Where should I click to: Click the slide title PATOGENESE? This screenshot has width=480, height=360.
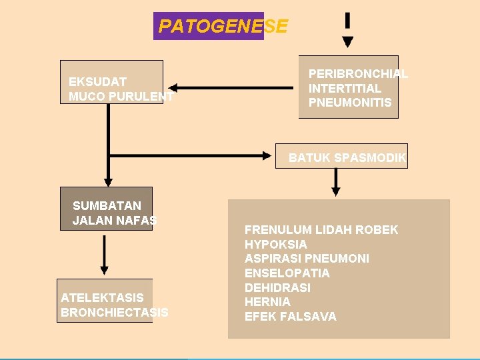tap(223, 27)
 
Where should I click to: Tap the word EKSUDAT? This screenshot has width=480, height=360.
tap(97, 82)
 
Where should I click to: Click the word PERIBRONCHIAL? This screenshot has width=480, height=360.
tap(358, 74)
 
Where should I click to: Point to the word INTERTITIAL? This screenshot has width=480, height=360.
tap(345, 88)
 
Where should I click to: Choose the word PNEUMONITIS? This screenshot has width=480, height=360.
tap(350, 103)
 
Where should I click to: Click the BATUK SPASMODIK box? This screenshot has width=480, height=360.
tap(347, 158)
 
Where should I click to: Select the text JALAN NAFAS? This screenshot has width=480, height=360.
tap(115, 220)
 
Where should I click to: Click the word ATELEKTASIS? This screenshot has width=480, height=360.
tap(102, 297)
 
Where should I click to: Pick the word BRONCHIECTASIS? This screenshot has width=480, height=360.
tap(114, 312)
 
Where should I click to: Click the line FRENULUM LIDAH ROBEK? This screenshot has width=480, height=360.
tap(321, 230)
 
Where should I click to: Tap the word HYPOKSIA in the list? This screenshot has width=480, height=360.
tap(276, 245)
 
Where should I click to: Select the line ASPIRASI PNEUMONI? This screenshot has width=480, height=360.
tap(307, 259)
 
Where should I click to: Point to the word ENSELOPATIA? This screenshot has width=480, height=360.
tap(287, 273)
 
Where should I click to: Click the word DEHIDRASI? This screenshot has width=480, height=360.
tap(277, 287)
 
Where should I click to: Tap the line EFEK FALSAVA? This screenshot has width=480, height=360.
tap(291, 317)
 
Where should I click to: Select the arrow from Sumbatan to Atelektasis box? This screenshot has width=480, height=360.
tap(104, 255)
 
